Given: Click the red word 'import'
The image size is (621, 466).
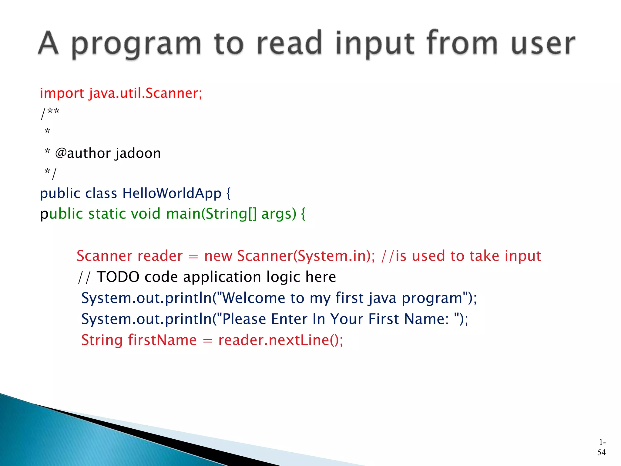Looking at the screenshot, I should (62, 93).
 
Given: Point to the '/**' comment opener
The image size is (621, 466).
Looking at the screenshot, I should (50, 113).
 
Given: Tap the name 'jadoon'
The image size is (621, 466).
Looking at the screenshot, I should (138, 153).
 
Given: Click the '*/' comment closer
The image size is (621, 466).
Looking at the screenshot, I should (50, 173).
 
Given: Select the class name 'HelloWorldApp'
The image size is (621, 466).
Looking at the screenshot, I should (172, 193).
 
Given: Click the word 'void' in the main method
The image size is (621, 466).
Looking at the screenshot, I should (146, 214).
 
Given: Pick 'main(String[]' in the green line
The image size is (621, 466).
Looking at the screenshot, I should (211, 214).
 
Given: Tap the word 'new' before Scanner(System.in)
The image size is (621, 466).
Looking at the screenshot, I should (218, 256).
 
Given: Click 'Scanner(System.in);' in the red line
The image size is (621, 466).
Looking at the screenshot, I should (306, 256).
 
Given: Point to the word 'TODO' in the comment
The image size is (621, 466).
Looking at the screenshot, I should (118, 277).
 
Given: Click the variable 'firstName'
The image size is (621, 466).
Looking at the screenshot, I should (162, 340).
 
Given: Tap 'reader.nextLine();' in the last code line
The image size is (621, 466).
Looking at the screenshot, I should (280, 340).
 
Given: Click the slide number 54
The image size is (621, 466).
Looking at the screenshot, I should (601, 452).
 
